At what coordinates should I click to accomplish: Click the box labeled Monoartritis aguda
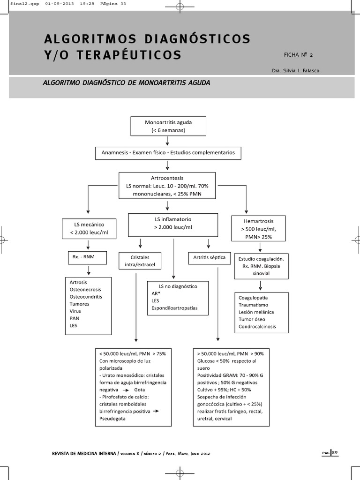click(x=168, y=126)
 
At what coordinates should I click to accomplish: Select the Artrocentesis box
click(x=167, y=186)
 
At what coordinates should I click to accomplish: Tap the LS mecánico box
click(x=89, y=228)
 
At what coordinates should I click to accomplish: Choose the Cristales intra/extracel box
click(x=140, y=261)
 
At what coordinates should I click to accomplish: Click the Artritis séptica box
click(x=209, y=257)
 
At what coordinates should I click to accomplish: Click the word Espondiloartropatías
click(x=174, y=308)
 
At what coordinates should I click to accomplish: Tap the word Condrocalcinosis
click(x=257, y=326)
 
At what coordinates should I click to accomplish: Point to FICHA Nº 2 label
click(x=298, y=55)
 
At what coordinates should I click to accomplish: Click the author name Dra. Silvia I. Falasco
click(x=298, y=70)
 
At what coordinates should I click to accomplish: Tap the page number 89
click(x=335, y=452)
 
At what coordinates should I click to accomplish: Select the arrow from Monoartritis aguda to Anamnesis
click(x=168, y=140)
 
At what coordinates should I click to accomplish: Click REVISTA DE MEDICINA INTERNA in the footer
click(x=82, y=454)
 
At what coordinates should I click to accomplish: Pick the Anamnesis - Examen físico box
click(x=168, y=153)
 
